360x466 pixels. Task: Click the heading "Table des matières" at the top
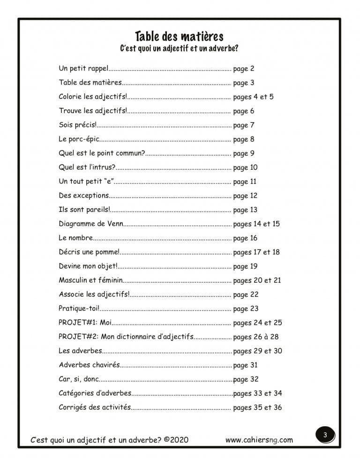(179, 36)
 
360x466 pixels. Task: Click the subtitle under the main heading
(179, 48)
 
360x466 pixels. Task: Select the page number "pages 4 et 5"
(253, 97)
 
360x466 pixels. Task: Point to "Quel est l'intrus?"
(87, 167)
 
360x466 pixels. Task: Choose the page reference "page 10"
(245, 167)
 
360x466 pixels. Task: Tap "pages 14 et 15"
(256, 224)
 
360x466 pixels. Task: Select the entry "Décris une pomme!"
(89, 252)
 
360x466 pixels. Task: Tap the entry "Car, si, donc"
(79, 379)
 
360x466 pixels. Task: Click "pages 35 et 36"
(257, 407)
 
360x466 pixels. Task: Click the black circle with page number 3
(324, 435)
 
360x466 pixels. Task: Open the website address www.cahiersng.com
(259, 440)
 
